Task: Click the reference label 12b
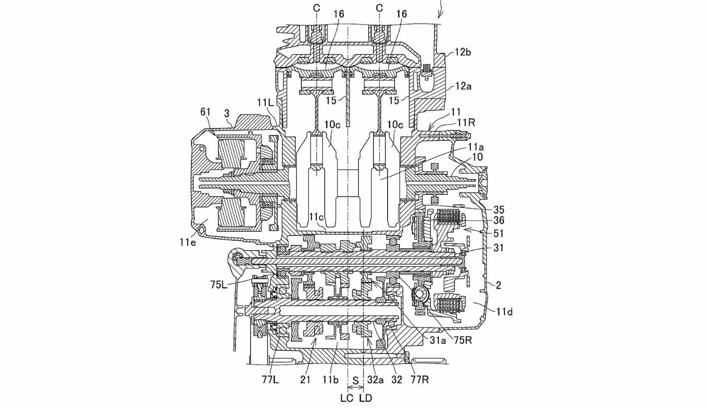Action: point(462,52)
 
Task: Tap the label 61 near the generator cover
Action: point(205,112)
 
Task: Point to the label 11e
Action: point(188,242)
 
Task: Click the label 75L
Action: point(219,285)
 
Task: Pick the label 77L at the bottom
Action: point(271,380)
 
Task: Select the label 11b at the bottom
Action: point(330,380)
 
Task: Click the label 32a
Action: point(375,380)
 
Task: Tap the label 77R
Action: point(420,380)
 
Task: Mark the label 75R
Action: point(462,340)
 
